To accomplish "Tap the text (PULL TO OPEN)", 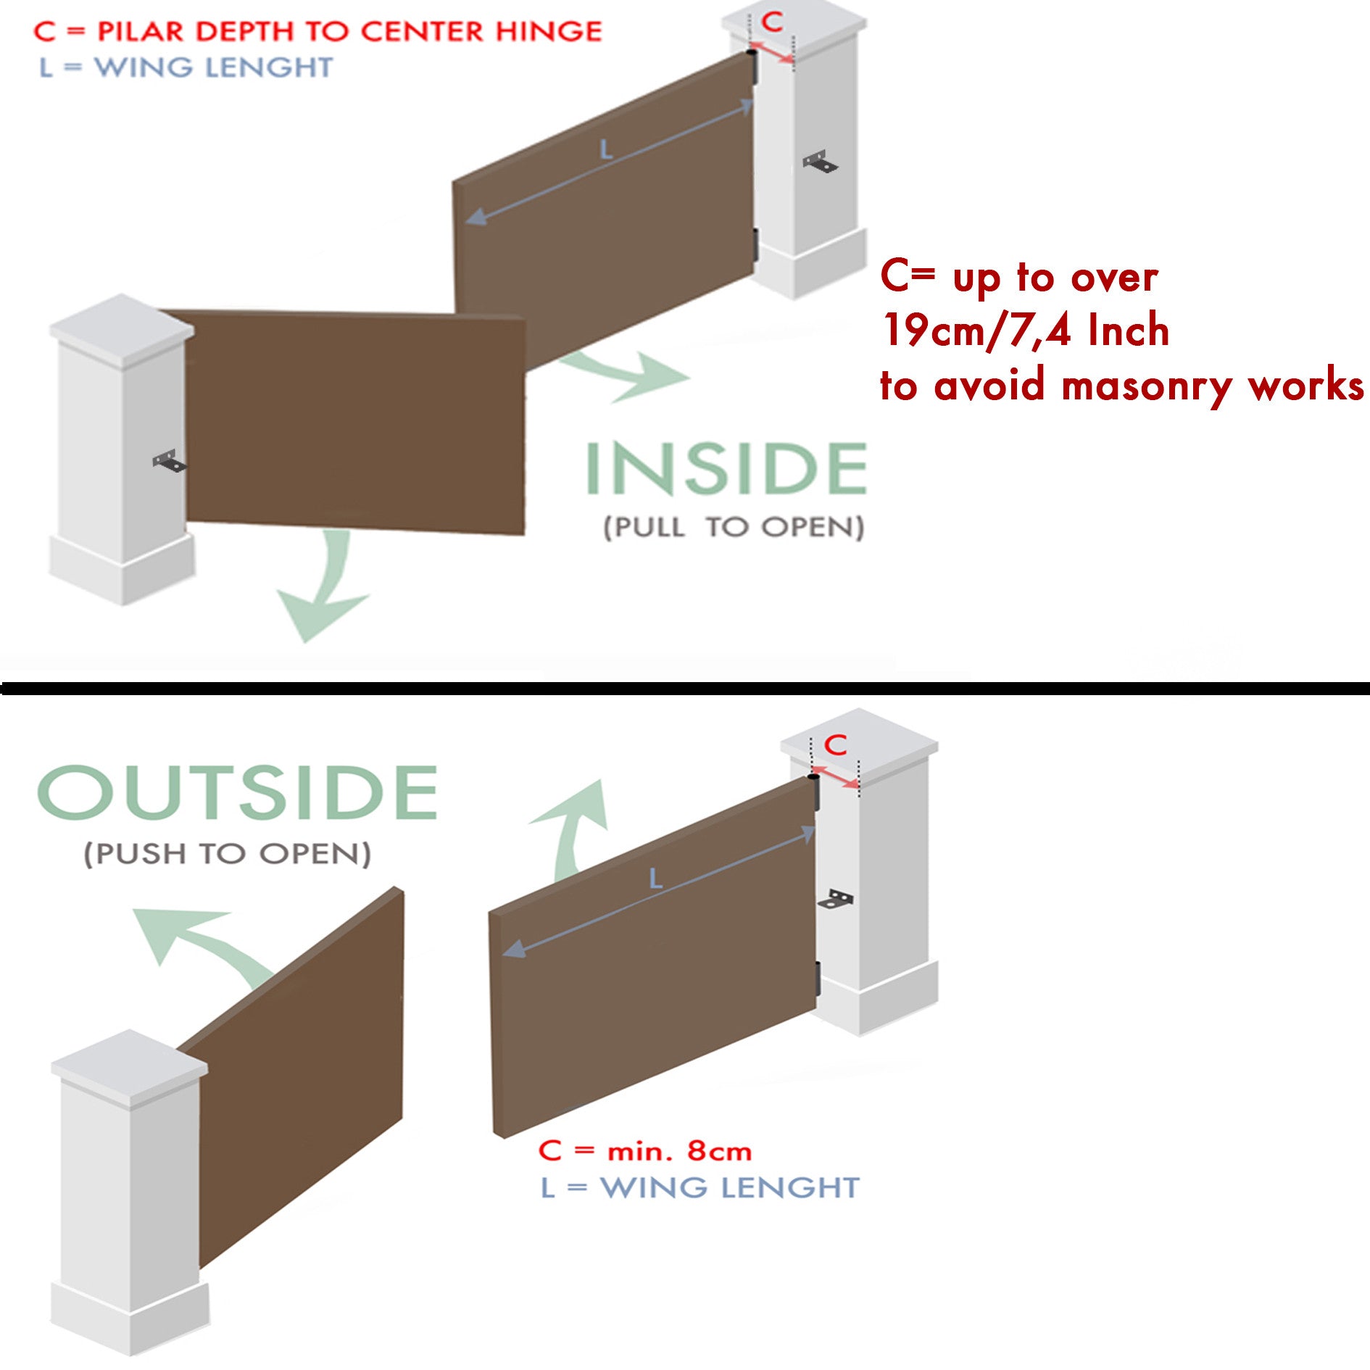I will click(x=734, y=527).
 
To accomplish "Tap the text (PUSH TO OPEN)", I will click(x=228, y=853).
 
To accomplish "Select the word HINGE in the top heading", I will click(x=549, y=31).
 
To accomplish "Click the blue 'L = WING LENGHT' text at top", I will click(x=186, y=67).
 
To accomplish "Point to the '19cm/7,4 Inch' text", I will click(x=1025, y=331).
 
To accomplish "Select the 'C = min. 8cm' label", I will click(x=644, y=1150).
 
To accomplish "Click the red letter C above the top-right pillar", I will click(x=773, y=22).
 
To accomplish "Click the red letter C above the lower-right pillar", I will click(x=836, y=744).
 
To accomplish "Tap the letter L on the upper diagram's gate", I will click(x=606, y=150).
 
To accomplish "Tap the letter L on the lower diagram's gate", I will click(x=655, y=879).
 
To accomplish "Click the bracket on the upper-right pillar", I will click(x=821, y=162).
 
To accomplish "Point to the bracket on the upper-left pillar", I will click(x=169, y=461).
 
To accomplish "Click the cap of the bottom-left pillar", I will click(x=129, y=1066).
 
